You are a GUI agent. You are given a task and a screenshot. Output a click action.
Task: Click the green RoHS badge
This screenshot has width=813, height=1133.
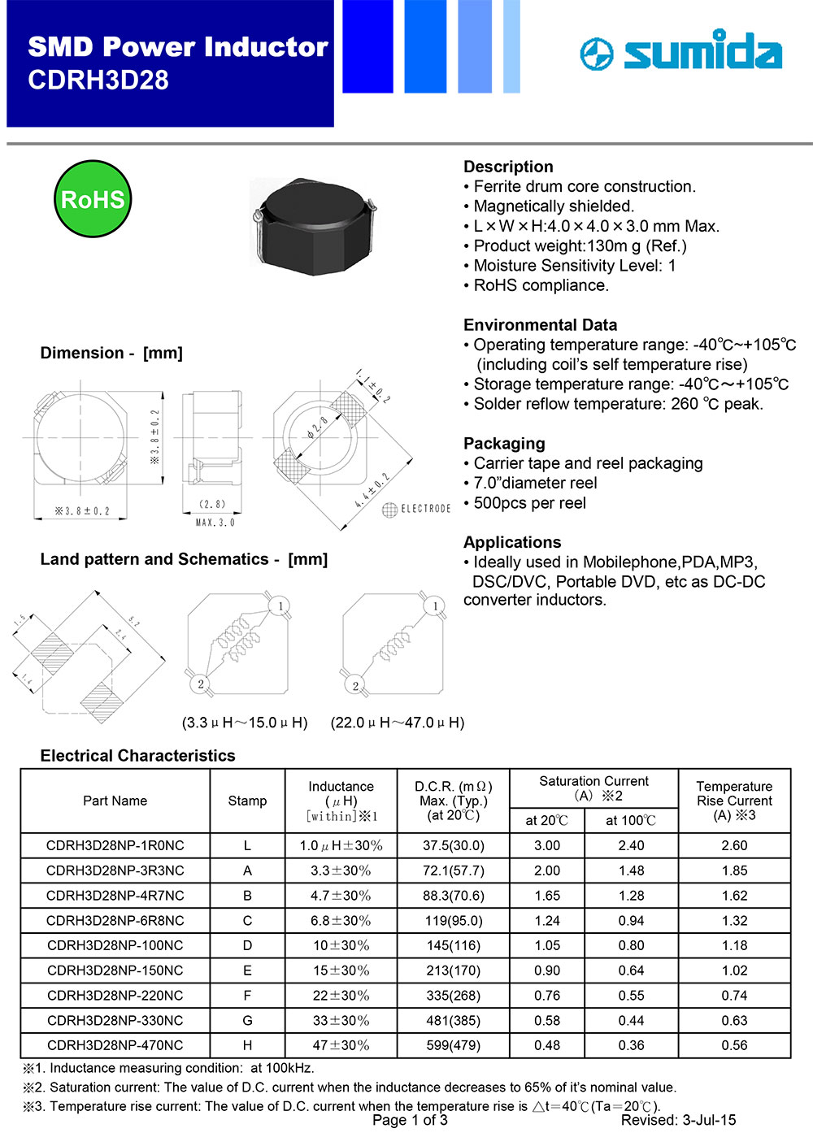point(93,199)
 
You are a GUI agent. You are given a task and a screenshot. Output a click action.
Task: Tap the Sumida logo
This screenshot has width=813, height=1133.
point(681,52)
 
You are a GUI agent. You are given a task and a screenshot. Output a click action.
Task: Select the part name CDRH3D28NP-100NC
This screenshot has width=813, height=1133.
point(115,945)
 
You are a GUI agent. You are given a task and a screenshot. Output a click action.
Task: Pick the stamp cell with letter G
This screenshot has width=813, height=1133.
point(247,1020)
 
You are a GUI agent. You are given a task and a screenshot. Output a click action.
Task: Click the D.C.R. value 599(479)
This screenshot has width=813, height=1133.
point(453,1045)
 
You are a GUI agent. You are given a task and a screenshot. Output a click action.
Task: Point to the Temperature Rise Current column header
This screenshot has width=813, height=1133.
point(734,801)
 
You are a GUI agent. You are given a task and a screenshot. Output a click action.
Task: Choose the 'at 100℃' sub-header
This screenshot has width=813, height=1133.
point(631,820)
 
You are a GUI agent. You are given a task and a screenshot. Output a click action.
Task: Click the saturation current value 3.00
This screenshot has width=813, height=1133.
point(547,845)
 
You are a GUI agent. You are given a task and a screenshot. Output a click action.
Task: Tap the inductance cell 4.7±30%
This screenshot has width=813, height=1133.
point(341,896)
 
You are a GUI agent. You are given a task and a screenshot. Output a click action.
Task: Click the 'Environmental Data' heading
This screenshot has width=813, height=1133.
point(540,325)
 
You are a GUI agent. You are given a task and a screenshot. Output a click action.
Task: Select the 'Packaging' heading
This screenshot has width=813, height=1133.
point(504,444)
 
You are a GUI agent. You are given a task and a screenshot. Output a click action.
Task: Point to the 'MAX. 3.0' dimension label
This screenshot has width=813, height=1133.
point(215,523)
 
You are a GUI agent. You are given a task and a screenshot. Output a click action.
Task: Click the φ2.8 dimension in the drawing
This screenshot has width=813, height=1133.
point(317,428)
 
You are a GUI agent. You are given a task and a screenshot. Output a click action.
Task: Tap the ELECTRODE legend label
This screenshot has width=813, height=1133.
point(425,509)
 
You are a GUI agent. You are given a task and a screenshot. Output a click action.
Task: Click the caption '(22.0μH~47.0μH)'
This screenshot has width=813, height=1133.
point(398,723)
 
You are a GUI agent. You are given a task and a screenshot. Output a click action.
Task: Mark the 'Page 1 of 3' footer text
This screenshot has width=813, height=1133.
point(410,1120)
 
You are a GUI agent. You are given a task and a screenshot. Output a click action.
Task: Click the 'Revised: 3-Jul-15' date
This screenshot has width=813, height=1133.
point(678,1120)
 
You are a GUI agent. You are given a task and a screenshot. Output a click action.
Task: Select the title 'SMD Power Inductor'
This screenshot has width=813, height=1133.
point(178,47)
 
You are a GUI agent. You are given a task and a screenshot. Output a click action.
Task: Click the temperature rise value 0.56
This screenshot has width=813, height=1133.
point(734,1045)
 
